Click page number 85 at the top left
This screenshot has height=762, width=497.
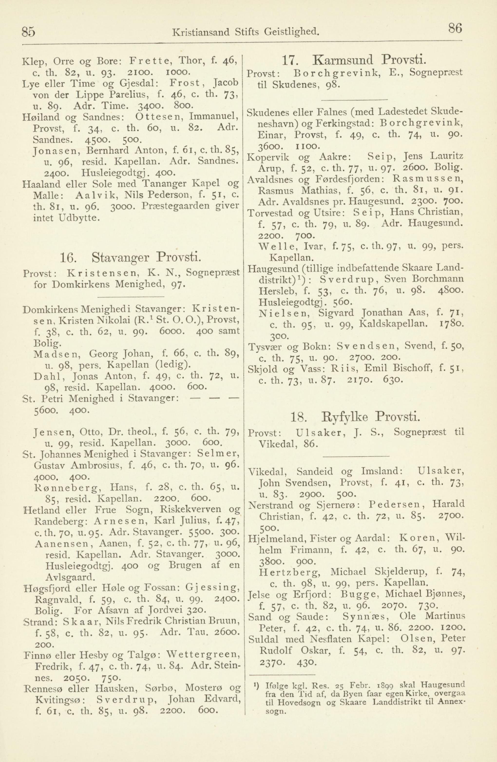coord(28,32)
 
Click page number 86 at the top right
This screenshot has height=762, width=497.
coord(455,30)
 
